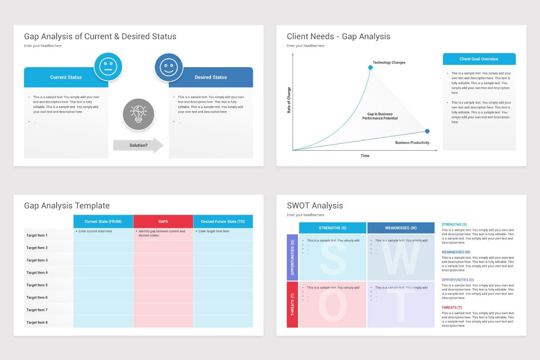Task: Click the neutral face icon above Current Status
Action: (x=108, y=67)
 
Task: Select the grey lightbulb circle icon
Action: (x=139, y=114)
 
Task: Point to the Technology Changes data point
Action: (x=370, y=67)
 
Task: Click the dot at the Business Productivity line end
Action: (x=427, y=131)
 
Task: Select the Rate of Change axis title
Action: (x=289, y=100)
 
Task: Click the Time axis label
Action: (x=365, y=156)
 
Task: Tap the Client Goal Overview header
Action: (x=479, y=59)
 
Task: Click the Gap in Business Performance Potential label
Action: (x=380, y=116)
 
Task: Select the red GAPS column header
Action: (x=163, y=221)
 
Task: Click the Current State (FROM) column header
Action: (x=103, y=221)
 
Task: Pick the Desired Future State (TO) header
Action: (x=223, y=221)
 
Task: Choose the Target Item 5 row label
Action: (x=37, y=285)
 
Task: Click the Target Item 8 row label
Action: (x=37, y=323)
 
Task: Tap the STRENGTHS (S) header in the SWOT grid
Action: (x=333, y=228)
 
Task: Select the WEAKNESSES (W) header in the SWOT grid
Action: (x=400, y=228)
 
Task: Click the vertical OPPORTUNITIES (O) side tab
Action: (x=292, y=257)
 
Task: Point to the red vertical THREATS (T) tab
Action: (x=292, y=305)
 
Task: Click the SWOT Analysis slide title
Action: (x=315, y=206)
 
